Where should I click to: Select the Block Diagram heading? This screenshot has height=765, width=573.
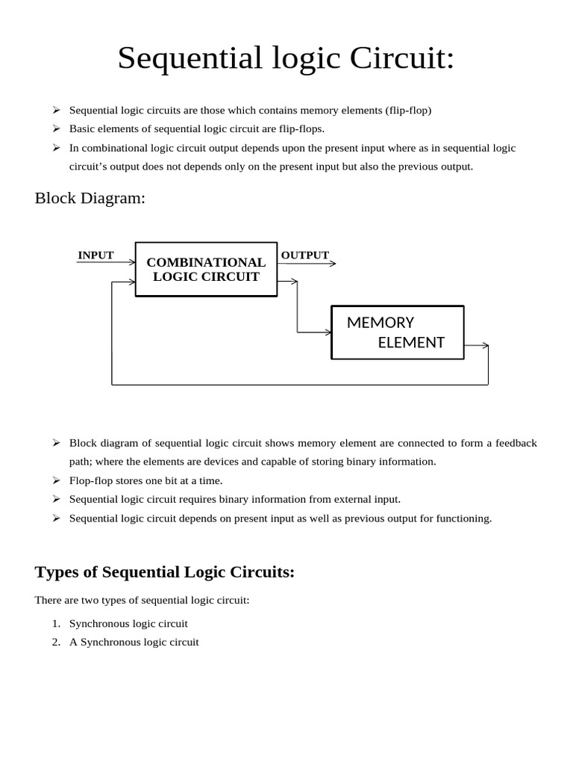(x=90, y=198)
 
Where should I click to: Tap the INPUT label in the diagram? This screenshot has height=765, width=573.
(x=95, y=255)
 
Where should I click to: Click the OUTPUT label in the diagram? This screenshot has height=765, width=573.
(x=304, y=255)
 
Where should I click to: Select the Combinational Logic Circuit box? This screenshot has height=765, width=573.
(x=206, y=269)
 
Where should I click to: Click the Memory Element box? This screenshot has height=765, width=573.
(x=397, y=332)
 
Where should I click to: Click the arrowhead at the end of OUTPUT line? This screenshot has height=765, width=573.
(x=332, y=263)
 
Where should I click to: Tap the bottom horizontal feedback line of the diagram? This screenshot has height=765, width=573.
(x=298, y=385)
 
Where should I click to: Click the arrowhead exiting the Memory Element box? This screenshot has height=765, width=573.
(x=485, y=346)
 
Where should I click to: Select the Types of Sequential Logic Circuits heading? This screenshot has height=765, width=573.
(x=165, y=572)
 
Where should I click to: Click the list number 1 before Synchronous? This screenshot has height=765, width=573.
(x=56, y=624)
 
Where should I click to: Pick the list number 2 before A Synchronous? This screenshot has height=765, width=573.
(x=56, y=642)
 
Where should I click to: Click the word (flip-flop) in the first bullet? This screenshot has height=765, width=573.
(x=408, y=111)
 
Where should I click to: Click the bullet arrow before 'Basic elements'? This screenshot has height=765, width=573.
(x=56, y=128)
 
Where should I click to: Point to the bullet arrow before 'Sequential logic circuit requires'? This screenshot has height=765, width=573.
(x=56, y=499)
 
